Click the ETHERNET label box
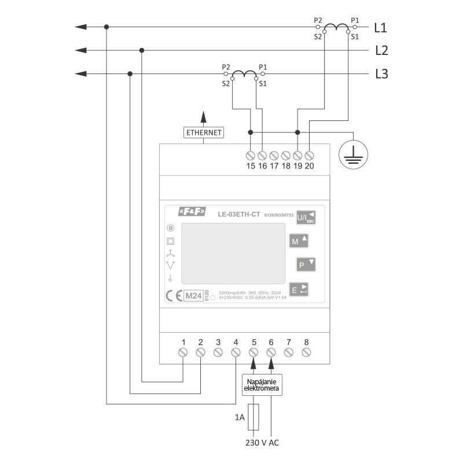point(204,133)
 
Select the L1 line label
point(381,27)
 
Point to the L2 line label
point(381,51)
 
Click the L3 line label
point(381,74)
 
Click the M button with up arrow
point(299,241)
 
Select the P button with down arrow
point(305,265)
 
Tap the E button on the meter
point(299,289)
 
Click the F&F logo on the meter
point(192,215)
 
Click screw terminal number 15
point(251,156)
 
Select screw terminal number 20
point(310,156)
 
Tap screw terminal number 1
point(183,352)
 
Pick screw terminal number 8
point(306,352)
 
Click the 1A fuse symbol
point(253,417)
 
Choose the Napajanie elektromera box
point(262,385)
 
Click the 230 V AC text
point(262,443)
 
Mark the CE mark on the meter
point(174,296)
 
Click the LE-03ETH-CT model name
point(239,215)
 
